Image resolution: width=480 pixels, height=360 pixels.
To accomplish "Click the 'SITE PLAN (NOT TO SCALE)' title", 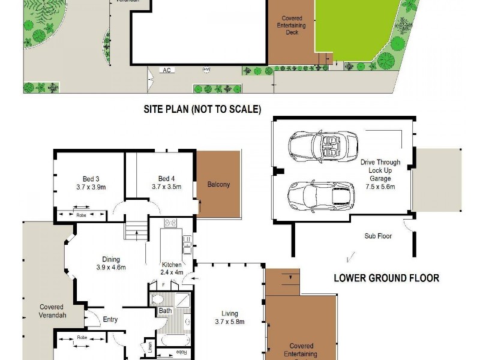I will (202, 109).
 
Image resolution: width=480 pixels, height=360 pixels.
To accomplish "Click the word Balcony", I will (218, 184).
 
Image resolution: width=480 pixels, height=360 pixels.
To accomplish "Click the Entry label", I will (110, 319).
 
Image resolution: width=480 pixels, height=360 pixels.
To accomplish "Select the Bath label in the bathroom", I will (165, 311).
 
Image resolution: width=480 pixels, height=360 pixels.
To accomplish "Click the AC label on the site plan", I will (167, 70).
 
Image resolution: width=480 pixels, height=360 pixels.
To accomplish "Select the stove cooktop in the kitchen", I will (170, 223).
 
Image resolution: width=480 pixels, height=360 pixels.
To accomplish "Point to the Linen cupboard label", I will (148, 347).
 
